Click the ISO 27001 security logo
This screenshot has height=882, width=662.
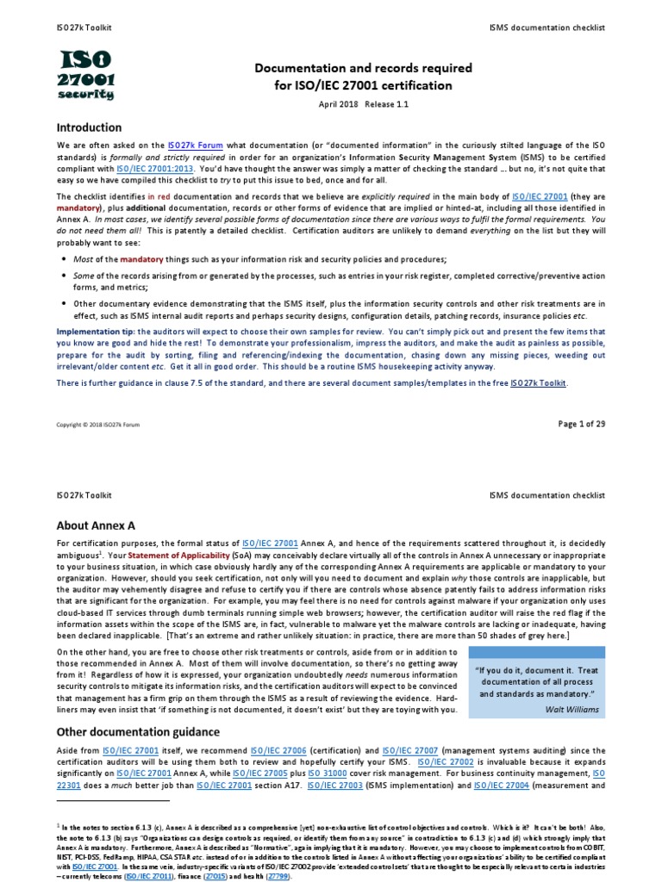85,75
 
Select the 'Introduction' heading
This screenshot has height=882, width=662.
89,127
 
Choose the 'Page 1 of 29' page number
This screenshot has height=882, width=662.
582,423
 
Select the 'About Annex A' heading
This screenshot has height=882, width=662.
96,525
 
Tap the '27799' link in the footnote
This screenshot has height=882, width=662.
276,876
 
